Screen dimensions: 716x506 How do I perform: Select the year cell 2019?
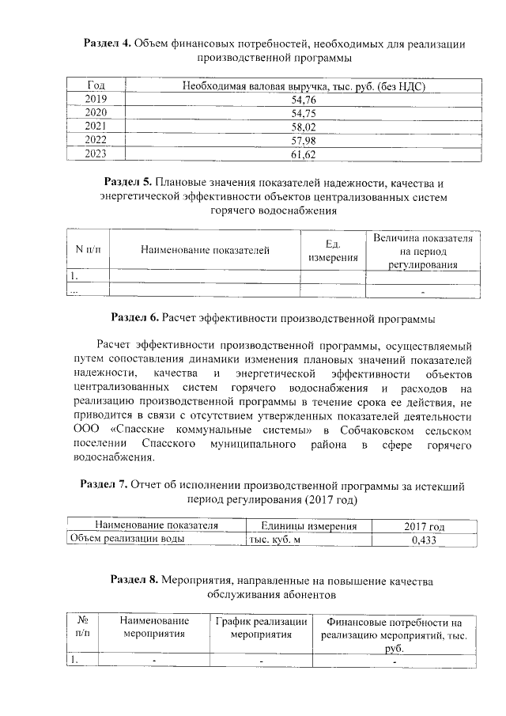coord(96,100)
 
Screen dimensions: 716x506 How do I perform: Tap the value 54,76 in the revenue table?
coord(304,100)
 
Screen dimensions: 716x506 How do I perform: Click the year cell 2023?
coord(96,154)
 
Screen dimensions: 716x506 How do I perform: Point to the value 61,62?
coord(304,154)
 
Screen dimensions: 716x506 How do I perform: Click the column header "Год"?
coord(96,85)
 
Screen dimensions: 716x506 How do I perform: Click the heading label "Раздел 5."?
coord(131,183)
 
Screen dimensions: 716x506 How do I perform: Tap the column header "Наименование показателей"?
coord(205,251)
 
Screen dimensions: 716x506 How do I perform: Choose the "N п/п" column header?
coord(88,251)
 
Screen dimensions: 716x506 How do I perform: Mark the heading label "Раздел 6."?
coord(135,319)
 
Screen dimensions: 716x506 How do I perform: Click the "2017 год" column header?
coord(424,526)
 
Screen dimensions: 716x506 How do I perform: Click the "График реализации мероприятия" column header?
coord(261,627)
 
